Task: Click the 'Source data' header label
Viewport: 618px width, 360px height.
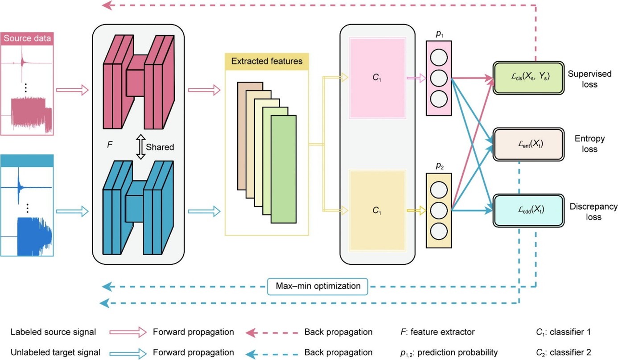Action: coord(27,38)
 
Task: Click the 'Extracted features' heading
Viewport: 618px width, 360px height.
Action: coord(267,61)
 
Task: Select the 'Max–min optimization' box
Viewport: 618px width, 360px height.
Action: coord(318,286)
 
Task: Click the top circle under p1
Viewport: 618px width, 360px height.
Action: coord(439,58)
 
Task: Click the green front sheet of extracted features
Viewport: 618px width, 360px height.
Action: coord(283,169)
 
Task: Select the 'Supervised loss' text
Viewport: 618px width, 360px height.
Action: coord(585,78)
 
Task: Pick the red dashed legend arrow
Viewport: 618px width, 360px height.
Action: coord(264,332)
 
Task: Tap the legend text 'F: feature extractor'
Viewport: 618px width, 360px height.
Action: coord(438,332)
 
